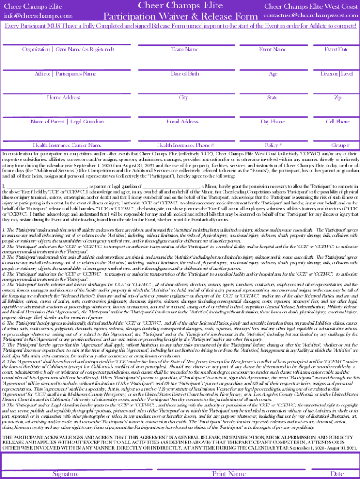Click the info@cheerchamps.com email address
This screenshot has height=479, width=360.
38,15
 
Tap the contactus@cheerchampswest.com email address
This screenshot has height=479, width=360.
310,15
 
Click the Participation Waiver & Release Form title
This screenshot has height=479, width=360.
180,16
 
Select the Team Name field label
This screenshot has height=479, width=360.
184,49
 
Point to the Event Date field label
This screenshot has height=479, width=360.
337,49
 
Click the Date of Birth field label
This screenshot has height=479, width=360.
184,74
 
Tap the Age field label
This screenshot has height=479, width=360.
273,74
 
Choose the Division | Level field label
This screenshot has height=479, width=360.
337,74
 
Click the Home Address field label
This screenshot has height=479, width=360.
64,97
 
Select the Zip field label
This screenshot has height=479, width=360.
337,97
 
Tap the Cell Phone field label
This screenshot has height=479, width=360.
337,122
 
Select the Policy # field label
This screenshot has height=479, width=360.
273,145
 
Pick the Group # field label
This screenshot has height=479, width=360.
337,145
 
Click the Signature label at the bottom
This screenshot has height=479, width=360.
65,473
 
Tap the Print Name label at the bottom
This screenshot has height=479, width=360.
229,473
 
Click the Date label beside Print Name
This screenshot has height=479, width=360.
337,473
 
